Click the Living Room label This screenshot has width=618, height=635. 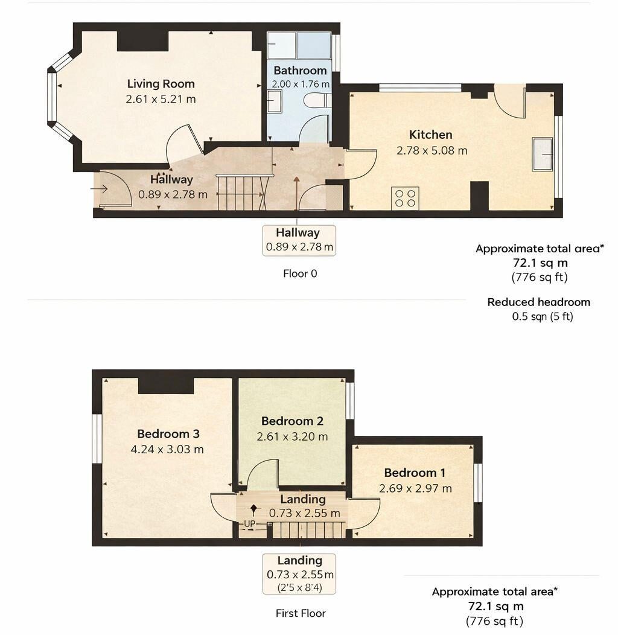pos(161,84)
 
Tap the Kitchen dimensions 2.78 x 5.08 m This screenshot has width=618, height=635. pos(432,150)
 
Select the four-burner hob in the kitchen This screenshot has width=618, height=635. pos(405,198)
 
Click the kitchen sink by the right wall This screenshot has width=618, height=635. pos(543,155)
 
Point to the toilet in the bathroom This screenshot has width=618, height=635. pos(317,100)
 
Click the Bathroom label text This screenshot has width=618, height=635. pos(300,71)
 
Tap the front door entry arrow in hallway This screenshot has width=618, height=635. pos(99,189)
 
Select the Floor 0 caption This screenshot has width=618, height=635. pos(300,273)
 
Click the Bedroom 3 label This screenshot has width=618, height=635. pos(168,434)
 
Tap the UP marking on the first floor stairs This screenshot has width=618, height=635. pos(250,524)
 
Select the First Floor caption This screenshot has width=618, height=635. pos(301,613)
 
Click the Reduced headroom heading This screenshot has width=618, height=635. pos(538,302)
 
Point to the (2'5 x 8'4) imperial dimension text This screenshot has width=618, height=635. pos(300,587)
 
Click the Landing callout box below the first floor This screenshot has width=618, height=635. pos(300,573)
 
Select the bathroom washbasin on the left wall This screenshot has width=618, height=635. pos(275,100)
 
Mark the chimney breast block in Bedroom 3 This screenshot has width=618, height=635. pos(165,385)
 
